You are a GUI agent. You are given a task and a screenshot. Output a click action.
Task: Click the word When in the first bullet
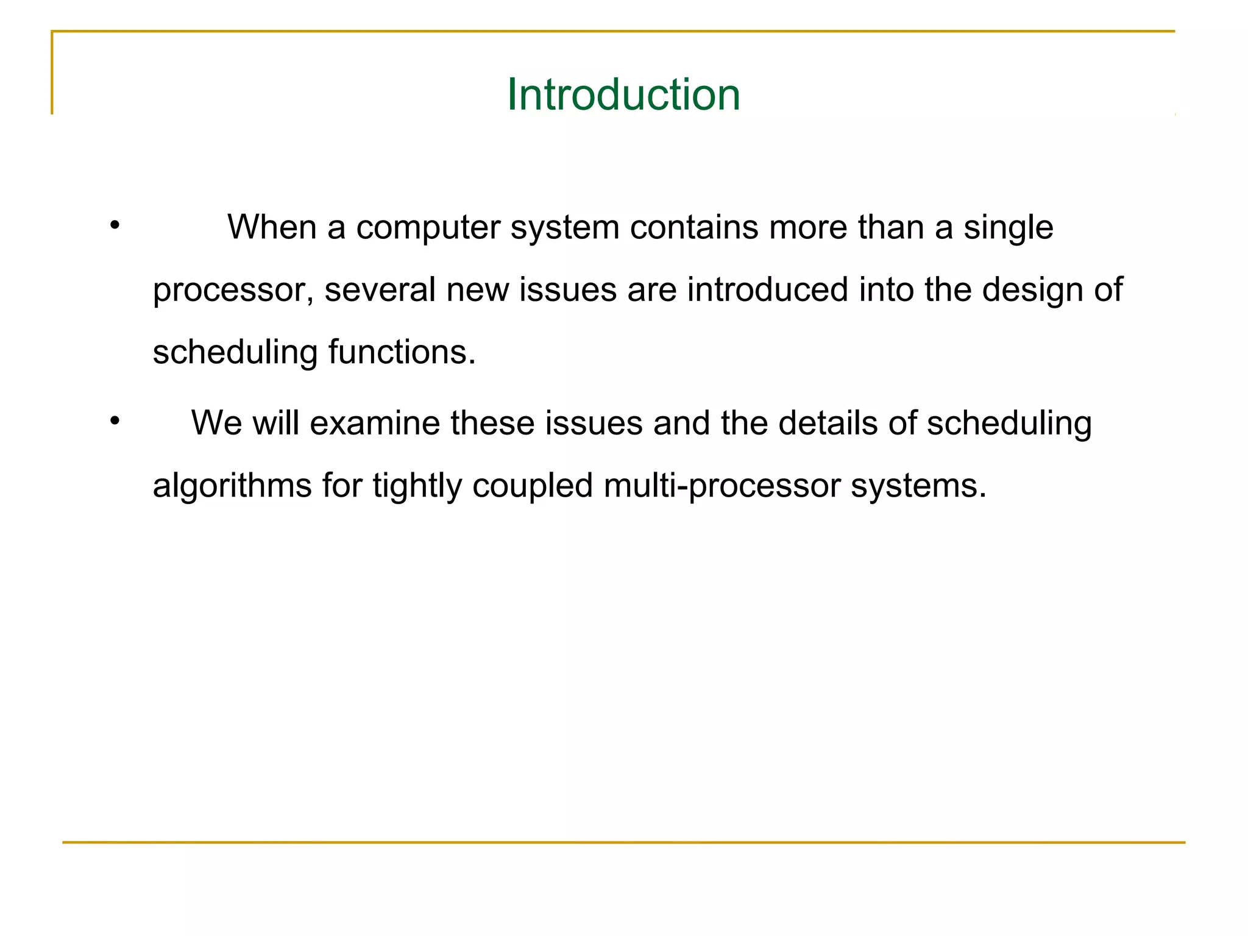[271, 227]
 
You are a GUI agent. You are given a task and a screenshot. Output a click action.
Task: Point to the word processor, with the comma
[233, 291]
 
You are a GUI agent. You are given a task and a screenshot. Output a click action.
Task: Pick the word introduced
[767, 289]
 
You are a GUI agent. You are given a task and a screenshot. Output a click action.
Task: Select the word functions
[402, 352]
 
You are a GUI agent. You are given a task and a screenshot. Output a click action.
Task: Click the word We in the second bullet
[216, 423]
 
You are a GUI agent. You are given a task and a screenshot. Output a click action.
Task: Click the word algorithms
[232, 487]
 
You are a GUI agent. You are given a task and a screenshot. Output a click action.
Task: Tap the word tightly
[417, 487]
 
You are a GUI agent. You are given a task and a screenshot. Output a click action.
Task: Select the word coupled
[532, 487]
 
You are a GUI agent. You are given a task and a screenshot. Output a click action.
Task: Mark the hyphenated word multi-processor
[721, 487]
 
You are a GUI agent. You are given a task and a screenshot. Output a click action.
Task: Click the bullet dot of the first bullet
[115, 226]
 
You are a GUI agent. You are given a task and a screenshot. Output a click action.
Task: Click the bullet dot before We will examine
[115, 421]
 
